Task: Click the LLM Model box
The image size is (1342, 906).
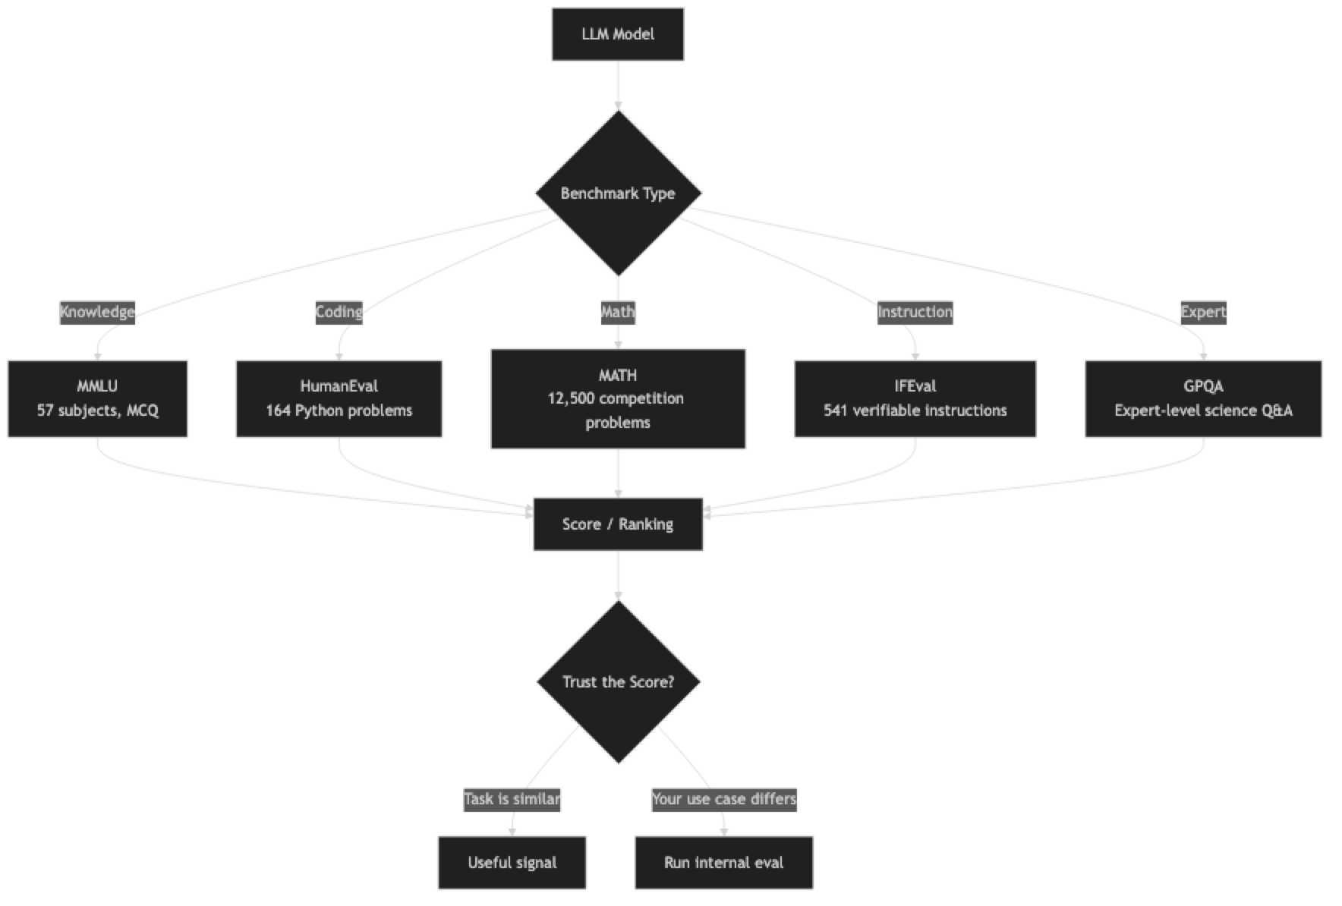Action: tap(617, 34)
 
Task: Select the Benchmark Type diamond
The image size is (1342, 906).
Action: tap(617, 193)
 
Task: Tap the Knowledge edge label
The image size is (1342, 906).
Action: tap(97, 312)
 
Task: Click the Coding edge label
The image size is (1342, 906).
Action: tap(339, 312)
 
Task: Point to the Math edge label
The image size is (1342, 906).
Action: tap(617, 312)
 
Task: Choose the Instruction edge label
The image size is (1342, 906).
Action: tap(915, 312)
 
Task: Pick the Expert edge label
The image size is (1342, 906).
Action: tap(1203, 312)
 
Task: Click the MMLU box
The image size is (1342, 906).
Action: tap(97, 398)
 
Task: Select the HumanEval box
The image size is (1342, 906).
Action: tap(339, 398)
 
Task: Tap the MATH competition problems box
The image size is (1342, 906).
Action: tap(618, 399)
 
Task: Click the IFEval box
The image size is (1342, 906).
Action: tap(915, 398)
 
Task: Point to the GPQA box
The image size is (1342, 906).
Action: tap(1203, 398)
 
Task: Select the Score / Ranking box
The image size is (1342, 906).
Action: tap(618, 524)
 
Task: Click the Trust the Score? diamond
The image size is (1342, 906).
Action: tap(618, 682)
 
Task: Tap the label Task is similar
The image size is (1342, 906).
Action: tap(512, 799)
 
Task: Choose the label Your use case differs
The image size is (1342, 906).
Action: tap(723, 799)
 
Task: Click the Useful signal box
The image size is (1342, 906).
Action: tap(512, 863)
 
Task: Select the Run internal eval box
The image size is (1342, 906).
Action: tap(723, 863)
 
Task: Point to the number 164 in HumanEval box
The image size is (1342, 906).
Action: tap(278, 411)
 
